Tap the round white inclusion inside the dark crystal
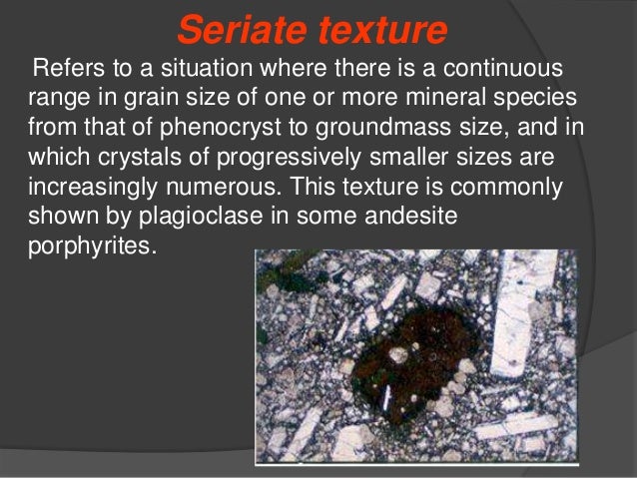tap(398, 353)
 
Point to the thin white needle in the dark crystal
tap(388, 399)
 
